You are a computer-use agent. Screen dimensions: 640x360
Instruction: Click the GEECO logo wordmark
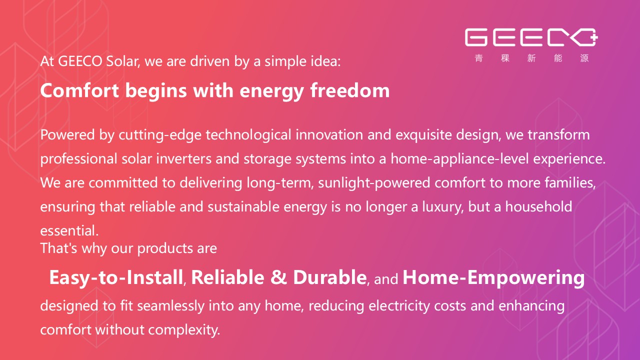[531, 37]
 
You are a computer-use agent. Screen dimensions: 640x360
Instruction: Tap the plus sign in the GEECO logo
[594, 37]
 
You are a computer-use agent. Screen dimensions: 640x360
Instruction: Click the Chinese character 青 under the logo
[479, 58]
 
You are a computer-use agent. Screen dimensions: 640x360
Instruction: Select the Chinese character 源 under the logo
[584, 58]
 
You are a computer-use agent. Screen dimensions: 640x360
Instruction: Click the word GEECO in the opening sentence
[80, 61]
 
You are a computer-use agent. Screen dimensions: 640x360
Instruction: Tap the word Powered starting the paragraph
[67, 134]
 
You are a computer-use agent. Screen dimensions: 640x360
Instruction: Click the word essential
[69, 230]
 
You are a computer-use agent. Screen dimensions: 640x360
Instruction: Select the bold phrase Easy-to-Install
[116, 277]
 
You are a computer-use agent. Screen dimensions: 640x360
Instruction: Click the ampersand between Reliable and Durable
[278, 277]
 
